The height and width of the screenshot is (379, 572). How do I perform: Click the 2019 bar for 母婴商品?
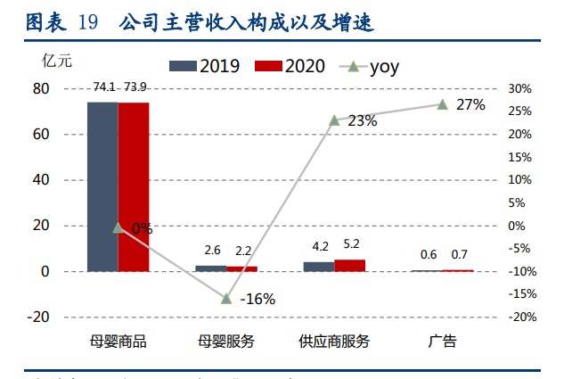click(x=102, y=186)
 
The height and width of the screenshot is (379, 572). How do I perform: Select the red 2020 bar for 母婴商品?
click(x=134, y=186)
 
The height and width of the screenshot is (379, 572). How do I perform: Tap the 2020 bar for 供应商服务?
click(x=349, y=265)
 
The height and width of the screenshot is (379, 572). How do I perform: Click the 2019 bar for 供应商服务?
click(x=319, y=266)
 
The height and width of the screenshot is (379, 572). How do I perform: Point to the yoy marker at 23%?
click(x=334, y=120)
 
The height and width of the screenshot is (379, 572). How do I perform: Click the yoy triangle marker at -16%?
click(x=226, y=298)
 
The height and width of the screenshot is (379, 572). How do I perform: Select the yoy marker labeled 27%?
click(x=442, y=104)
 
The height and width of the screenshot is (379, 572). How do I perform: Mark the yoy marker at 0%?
click(x=118, y=227)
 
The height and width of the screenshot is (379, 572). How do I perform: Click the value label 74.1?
click(x=103, y=87)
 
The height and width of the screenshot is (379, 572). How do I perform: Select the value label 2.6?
click(x=211, y=251)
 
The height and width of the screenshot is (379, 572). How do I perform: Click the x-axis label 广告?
click(x=442, y=341)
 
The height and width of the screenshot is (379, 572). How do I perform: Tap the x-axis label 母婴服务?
click(x=226, y=341)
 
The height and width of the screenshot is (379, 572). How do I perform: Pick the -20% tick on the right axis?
click(x=519, y=317)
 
